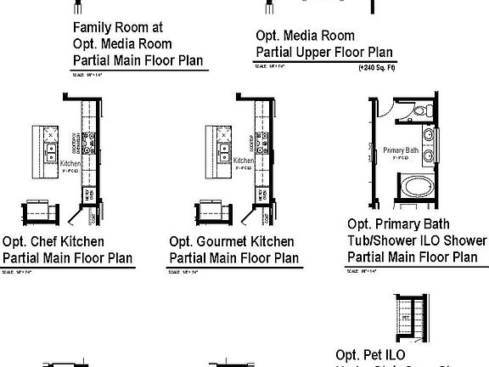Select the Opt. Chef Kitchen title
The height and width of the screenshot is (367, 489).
click(x=54, y=242)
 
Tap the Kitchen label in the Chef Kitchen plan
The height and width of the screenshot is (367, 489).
click(x=70, y=161)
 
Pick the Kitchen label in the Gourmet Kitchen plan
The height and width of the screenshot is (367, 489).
click(x=244, y=161)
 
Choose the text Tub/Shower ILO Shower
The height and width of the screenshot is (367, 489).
click(x=417, y=240)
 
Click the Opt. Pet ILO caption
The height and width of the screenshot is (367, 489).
click(x=370, y=354)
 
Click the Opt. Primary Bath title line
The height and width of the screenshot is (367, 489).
click(x=396, y=223)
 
